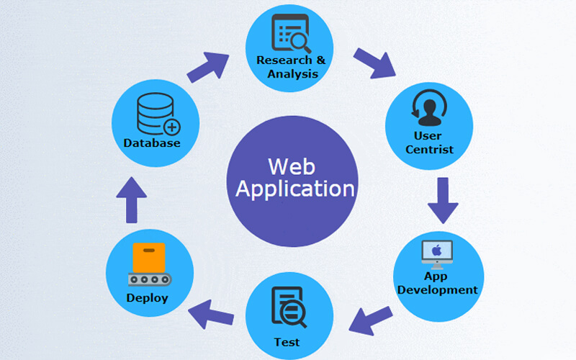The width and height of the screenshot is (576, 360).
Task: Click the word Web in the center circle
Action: pos(292,166)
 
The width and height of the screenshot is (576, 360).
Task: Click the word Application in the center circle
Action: pos(295,189)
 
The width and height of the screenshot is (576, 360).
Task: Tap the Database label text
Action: pos(151,143)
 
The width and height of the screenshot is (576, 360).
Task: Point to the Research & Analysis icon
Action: pos(289,32)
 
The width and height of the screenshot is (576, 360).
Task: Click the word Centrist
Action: pos(429,149)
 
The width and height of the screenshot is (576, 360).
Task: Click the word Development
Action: pos(437,290)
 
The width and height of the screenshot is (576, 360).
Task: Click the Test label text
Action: pos(287,341)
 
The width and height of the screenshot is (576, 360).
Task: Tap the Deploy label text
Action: pos(147,297)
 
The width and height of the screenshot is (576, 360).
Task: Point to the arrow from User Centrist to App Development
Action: pos(442,199)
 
